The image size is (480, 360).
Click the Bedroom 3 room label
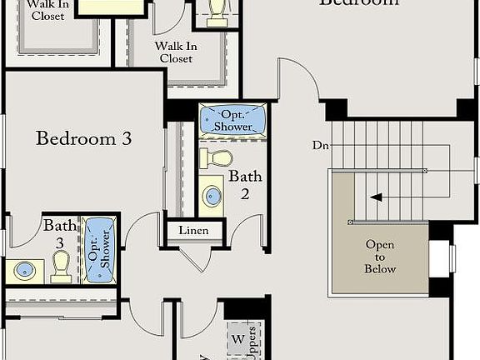click(83, 138)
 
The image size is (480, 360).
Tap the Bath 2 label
click(246, 184)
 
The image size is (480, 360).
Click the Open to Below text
click(380, 257)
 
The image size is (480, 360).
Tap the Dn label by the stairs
click(321, 145)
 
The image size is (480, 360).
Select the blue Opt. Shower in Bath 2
click(232, 121)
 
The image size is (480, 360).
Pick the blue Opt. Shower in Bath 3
click(98, 248)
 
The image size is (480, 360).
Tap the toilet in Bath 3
click(61, 267)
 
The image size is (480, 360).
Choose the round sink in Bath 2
click(212, 197)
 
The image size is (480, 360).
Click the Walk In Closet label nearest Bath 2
click(174, 52)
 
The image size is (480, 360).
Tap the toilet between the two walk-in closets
click(217, 10)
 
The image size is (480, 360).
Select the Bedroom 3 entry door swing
click(139, 228)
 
